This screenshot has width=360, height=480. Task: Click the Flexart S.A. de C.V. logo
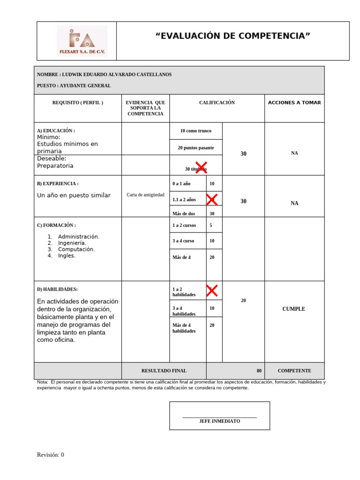pos(82,41)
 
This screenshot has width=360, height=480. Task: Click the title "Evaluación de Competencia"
pos(232,36)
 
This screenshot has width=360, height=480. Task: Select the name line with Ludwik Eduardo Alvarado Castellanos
pos(104,75)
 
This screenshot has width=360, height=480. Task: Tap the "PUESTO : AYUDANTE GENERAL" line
pos(74,86)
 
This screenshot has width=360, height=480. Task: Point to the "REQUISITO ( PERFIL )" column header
pos(78,103)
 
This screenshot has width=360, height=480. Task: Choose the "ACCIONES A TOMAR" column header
pos(294,103)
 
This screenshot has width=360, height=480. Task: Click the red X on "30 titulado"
pos(201,167)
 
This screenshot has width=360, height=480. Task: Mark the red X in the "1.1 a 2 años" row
pos(211,199)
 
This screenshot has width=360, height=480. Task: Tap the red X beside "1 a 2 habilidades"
pos(211,291)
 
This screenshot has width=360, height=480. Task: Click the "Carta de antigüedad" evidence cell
pos(145,195)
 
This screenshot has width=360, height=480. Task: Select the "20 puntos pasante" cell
pos(196,148)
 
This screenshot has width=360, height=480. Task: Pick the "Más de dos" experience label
pos(184,214)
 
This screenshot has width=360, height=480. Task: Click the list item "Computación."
pos(76,249)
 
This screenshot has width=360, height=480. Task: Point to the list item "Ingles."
pos(67,256)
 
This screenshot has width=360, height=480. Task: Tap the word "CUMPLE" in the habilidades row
pos(294,309)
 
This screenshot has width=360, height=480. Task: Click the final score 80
pos(259,371)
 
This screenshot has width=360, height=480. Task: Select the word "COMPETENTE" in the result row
pos(294,371)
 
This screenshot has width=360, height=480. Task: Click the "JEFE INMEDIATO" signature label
pos(219,421)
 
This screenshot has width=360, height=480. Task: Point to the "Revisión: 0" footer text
pos(51,455)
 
